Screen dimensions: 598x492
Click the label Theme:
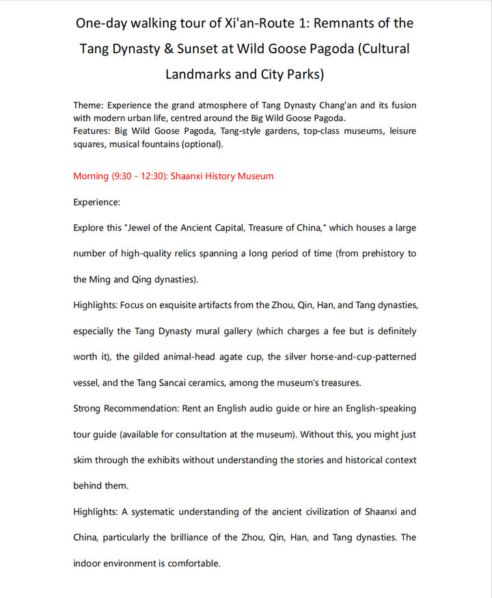[x=88, y=105]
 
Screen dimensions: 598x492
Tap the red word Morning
[x=91, y=176]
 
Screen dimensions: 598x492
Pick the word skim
[x=84, y=460]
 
